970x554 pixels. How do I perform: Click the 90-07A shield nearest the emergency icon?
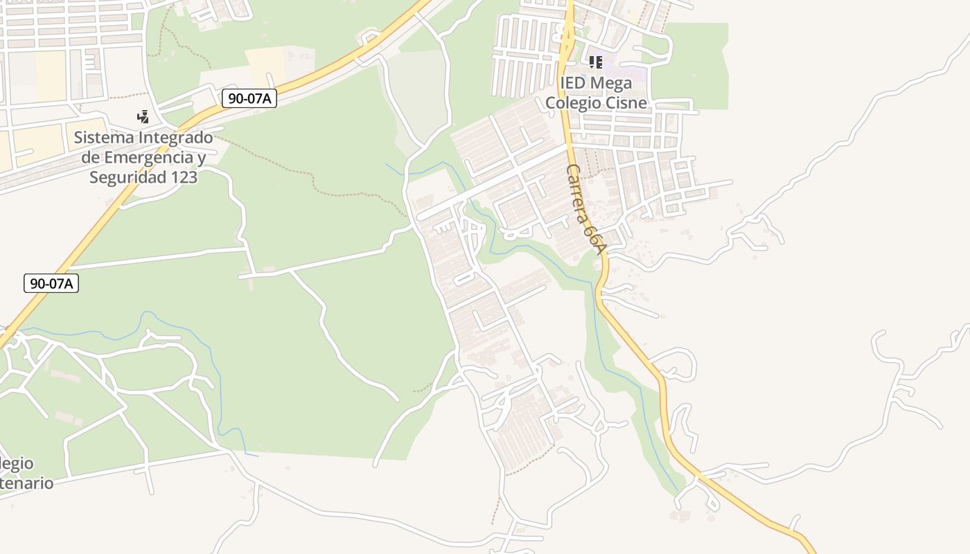(x=249, y=98)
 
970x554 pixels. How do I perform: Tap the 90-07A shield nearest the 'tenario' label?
(x=51, y=283)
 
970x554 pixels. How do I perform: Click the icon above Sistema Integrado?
(x=143, y=116)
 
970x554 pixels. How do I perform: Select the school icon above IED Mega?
(x=595, y=62)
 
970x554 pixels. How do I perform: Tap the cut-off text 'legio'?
(x=17, y=463)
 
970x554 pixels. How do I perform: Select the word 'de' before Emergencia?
(x=91, y=157)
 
